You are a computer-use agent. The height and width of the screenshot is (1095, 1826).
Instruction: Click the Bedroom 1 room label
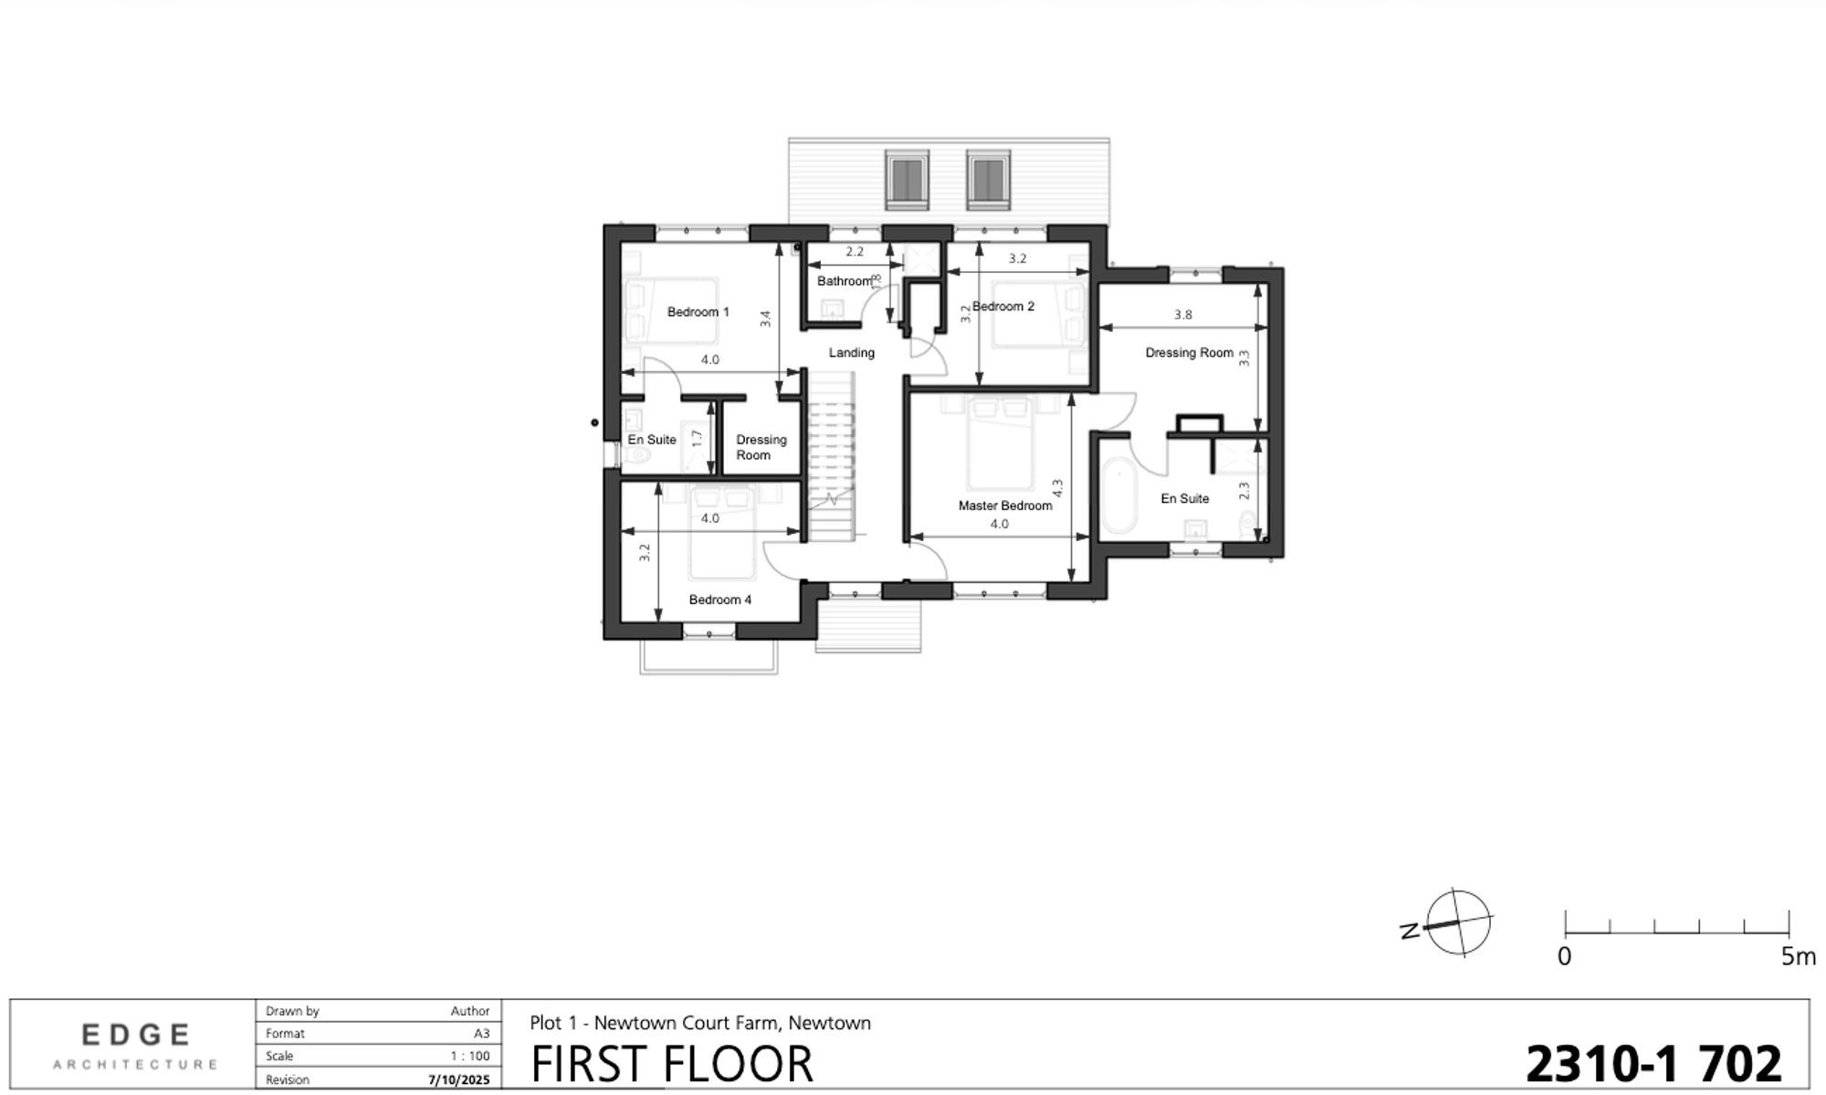(x=698, y=312)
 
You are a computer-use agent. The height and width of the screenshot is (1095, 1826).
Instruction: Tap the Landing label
(x=851, y=352)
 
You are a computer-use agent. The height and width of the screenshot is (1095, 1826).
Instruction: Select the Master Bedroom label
(x=1004, y=506)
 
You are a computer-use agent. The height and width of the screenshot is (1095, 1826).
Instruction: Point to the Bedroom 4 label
(x=720, y=600)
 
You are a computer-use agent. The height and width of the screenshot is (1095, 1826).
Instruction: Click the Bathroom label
(x=844, y=281)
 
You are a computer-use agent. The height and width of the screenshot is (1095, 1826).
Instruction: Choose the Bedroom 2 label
(x=1003, y=307)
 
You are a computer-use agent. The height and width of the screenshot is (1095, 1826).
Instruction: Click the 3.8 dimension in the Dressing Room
(x=1182, y=315)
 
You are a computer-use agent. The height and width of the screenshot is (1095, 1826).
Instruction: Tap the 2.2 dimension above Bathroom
(x=854, y=252)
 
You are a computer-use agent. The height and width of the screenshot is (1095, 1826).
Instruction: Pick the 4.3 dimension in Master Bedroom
(x=1057, y=488)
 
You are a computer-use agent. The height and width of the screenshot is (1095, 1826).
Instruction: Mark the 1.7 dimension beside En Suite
(x=697, y=438)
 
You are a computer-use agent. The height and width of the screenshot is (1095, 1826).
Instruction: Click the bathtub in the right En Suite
(x=1118, y=498)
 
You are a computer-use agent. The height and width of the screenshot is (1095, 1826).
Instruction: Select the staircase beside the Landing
(x=831, y=456)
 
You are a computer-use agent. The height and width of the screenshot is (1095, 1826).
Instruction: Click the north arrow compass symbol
(x=1457, y=923)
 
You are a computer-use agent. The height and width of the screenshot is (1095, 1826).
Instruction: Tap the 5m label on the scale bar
(x=1798, y=957)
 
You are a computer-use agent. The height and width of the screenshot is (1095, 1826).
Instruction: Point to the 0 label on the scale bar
(x=1564, y=957)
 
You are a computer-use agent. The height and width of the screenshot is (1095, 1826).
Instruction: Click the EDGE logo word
(x=136, y=1035)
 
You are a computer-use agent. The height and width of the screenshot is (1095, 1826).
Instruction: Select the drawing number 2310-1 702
(x=1653, y=1063)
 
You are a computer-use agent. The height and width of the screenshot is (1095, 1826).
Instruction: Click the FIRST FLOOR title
(x=671, y=1064)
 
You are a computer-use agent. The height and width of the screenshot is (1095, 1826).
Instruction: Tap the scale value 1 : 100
(x=469, y=1057)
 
